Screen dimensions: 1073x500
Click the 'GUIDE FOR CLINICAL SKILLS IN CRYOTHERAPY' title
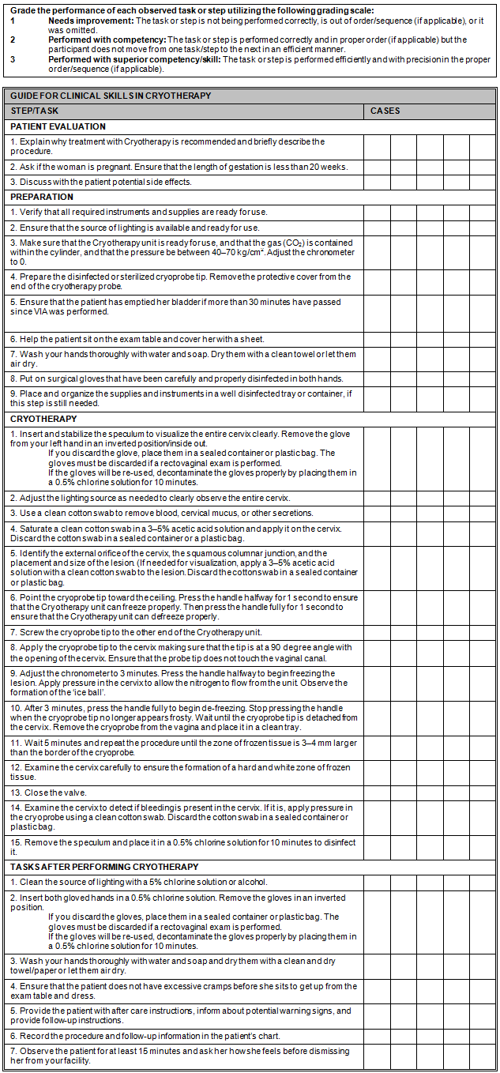click(x=111, y=96)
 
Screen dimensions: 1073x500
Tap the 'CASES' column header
click(x=385, y=111)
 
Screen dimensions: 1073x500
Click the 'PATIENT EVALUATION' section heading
click(x=58, y=126)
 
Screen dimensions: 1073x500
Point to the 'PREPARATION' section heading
click(x=42, y=197)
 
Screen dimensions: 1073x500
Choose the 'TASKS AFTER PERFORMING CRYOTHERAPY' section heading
click(x=103, y=867)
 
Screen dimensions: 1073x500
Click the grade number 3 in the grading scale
click(x=12, y=59)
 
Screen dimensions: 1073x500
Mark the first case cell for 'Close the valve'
click(x=377, y=793)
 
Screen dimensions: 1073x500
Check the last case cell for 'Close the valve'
click(x=483, y=793)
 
